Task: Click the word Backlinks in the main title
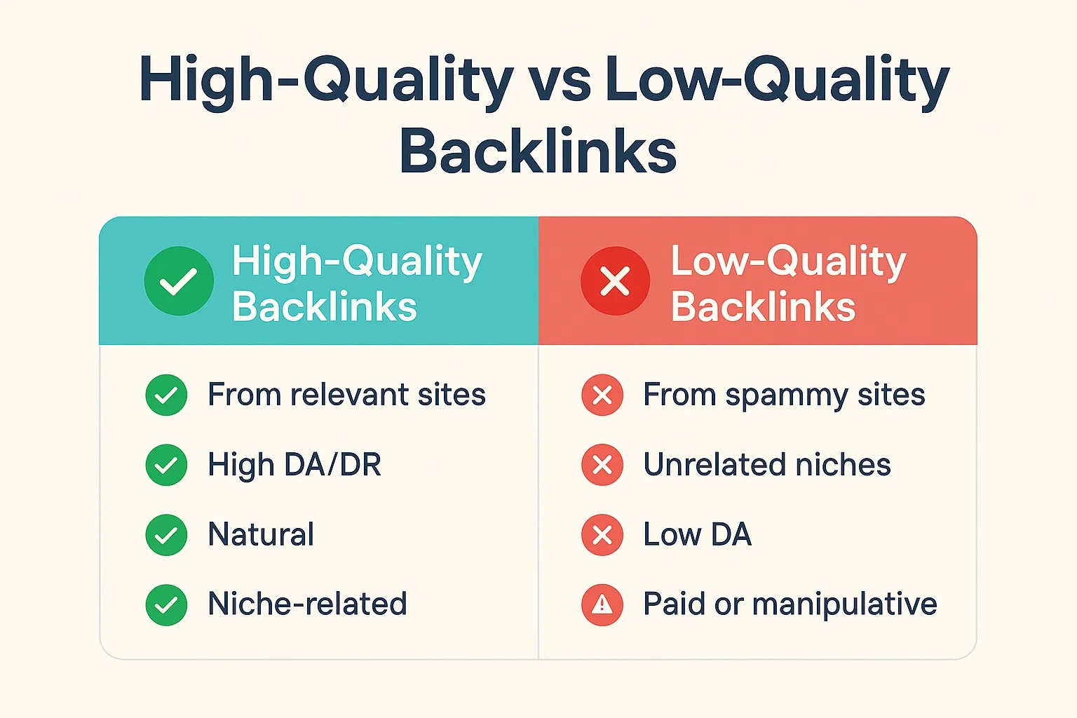point(538,149)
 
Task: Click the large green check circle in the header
point(179,281)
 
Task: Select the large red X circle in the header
point(615,281)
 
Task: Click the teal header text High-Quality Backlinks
point(357,283)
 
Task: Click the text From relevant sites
point(346,395)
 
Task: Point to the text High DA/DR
point(294,465)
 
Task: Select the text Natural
point(261,534)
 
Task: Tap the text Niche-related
point(307,604)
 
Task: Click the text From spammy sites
point(784,395)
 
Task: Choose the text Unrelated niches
point(767,465)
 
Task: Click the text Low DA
point(697,534)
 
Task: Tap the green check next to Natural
point(166,535)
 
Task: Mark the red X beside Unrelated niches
point(602,465)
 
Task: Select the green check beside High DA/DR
point(166,465)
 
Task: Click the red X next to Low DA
point(602,535)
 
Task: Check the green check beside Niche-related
point(166,605)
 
